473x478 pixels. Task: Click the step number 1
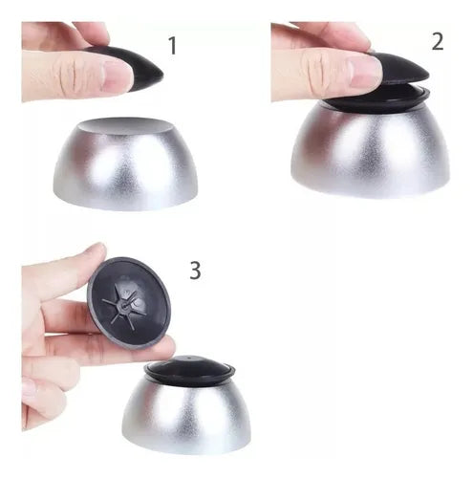point(172,45)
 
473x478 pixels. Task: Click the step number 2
point(438,41)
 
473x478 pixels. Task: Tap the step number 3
point(195,271)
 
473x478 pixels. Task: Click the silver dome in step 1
point(126,164)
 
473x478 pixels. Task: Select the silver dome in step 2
point(370,150)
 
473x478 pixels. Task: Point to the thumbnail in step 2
point(365,73)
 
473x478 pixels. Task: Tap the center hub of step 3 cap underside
point(123,305)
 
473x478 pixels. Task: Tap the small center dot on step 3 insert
point(190,358)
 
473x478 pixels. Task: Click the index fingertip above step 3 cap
point(96,251)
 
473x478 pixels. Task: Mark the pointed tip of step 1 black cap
point(161,76)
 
